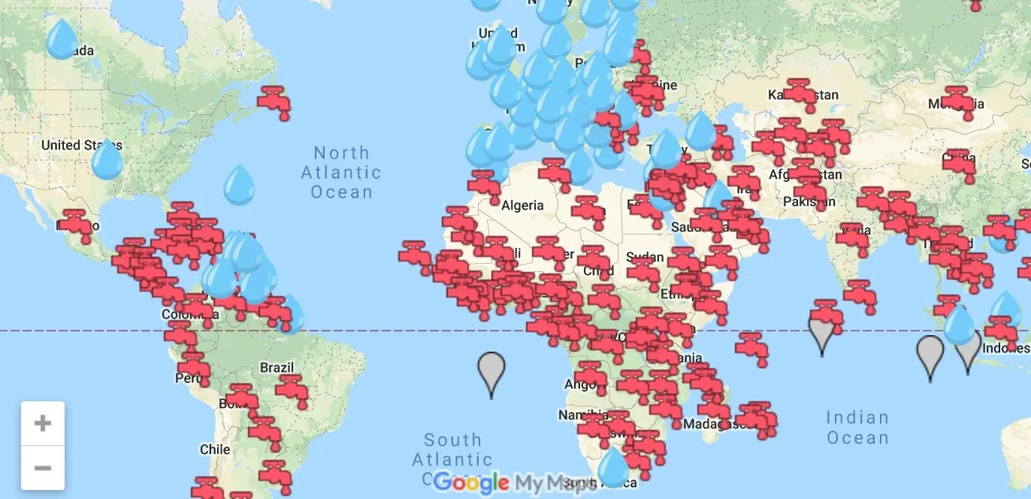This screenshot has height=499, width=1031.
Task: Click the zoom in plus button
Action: click(x=43, y=423)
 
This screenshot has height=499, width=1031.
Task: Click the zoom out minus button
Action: click(x=43, y=467)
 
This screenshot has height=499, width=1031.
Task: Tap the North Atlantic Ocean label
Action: click(x=341, y=172)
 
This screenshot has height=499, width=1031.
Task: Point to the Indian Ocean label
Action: click(x=857, y=427)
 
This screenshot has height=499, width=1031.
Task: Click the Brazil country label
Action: click(x=277, y=367)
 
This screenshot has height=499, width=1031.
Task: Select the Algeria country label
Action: click(x=522, y=205)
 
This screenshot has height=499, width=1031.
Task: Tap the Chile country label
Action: click(x=215, y=449)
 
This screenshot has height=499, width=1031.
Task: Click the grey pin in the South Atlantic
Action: click(x=491, y=371)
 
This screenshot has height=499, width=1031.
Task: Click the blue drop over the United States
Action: click(x=107, y=159)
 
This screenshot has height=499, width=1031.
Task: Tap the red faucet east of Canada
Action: click(x=274, y=101)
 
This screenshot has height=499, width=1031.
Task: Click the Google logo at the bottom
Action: click(x=471, y=482)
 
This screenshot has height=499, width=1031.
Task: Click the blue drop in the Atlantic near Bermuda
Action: click(x=240, y=183)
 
